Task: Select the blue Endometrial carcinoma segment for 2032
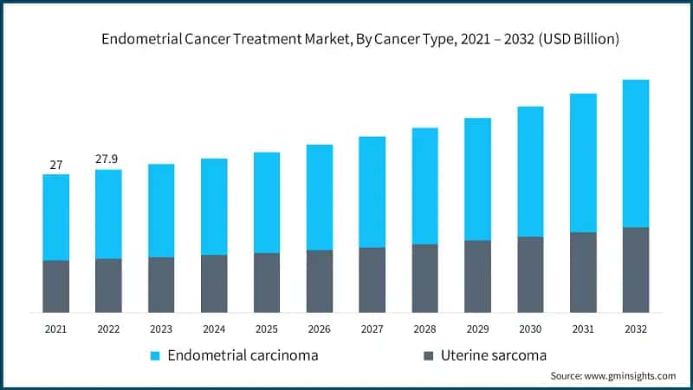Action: click(636, 153)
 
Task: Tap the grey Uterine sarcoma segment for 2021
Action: click(56, 286)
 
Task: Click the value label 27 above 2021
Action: click(55, 165)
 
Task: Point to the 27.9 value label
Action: click(108, 159)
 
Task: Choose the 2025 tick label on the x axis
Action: click(267, 329)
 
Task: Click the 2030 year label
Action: click(530, 329)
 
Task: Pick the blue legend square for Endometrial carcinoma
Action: click(156, 355)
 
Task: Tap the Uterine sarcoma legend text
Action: click(495, 355)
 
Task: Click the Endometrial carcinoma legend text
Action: click(243, 355)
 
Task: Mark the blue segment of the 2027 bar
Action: click(372, 192)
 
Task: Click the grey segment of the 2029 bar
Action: click(477, 276)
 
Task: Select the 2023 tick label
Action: click(161, 329)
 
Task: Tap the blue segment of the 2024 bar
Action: click(214, 206)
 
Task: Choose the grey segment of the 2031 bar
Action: click(583, 272)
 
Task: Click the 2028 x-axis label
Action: click(424, 329)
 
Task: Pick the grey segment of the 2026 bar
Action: click(320, 281)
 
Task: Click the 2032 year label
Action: click(636, 329)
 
